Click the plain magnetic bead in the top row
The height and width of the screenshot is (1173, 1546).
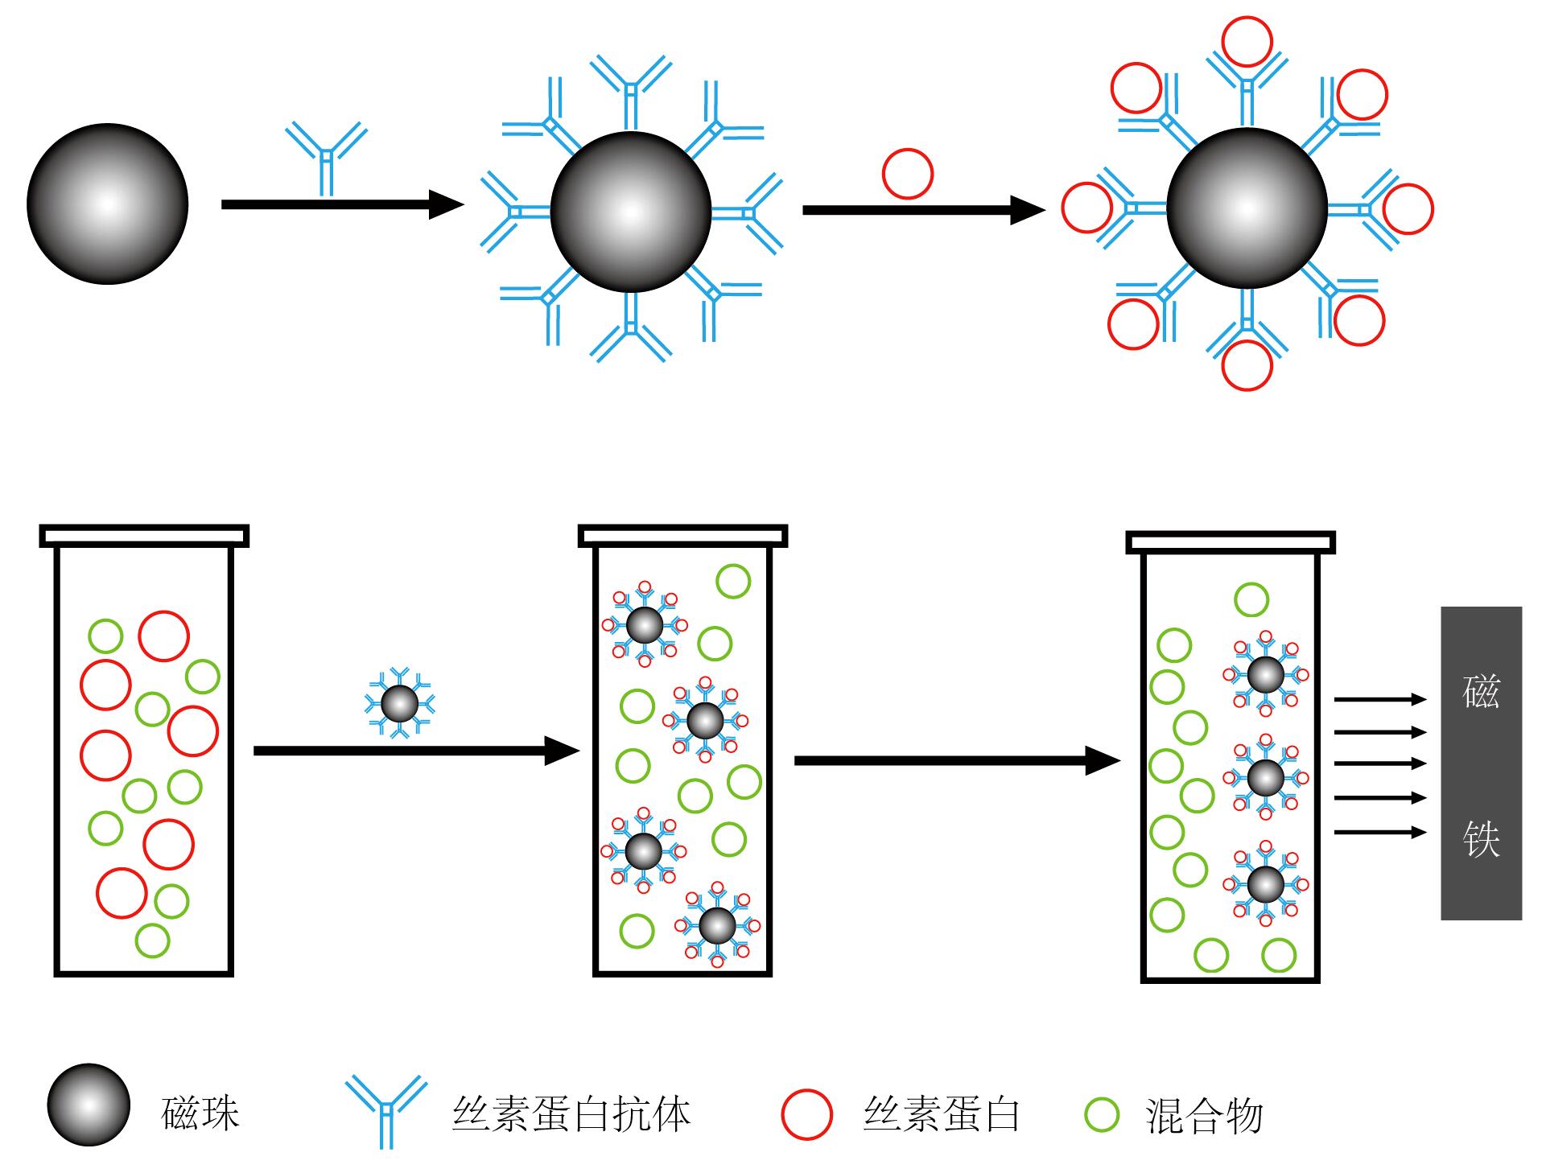107,204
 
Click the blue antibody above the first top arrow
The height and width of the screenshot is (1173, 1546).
326,158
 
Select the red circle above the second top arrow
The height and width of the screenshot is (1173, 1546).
907,173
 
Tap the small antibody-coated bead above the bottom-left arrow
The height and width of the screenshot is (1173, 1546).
400,704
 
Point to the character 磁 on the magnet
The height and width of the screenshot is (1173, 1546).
1481,690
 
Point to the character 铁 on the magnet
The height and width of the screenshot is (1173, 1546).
1481,838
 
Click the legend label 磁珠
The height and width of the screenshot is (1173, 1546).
200,1114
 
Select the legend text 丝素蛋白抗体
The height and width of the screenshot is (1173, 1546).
571,1114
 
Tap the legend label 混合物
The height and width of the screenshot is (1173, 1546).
1204,1116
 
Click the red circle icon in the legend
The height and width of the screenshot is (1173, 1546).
806,1114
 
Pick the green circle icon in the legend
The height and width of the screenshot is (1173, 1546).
1102,1114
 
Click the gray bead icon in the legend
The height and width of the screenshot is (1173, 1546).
89,1105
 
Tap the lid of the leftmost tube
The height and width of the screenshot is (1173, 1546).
144,536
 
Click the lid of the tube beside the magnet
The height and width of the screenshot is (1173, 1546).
1231,542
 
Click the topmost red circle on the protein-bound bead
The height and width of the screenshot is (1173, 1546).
1247,41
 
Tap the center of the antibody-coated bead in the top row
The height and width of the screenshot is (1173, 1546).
631,212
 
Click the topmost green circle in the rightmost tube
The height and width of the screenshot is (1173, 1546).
1251,599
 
